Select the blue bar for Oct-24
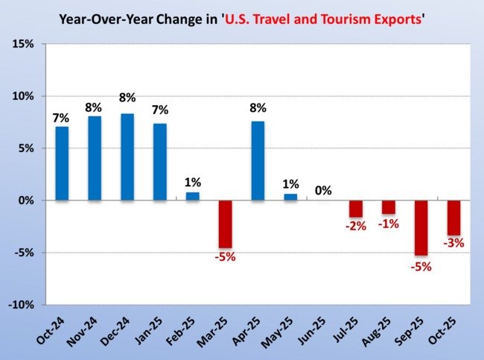point(62,163)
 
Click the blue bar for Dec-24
point(127,157)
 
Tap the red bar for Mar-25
point(225,224)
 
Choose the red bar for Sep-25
point(421,227)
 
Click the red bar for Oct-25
point(453,218)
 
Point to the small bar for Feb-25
point(192,196)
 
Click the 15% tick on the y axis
point(23,45)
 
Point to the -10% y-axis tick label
point(22,305)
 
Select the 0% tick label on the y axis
point(26,200)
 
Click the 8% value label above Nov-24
point(95,106)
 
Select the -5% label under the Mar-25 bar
point(225,258)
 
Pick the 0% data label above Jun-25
point(323,191)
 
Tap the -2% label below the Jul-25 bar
point(356,226)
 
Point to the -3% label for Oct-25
point(453,242)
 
